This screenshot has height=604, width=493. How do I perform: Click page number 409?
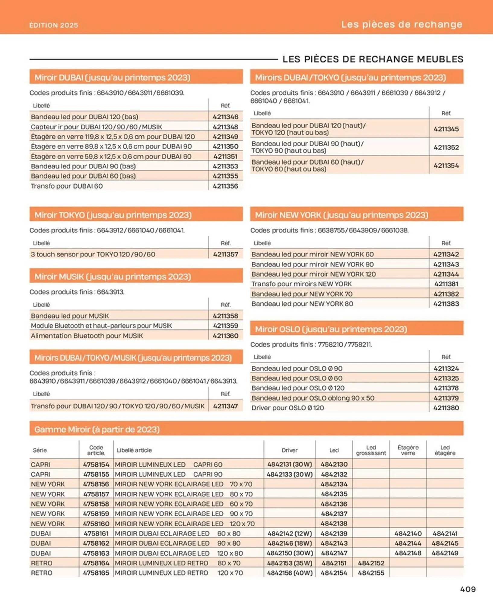tap(468, 589)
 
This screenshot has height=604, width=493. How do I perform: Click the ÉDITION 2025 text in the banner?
tap(54, 25)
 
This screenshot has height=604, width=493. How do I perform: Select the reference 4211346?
tap(225, 117)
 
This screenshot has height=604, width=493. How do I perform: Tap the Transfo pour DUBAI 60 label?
tap(67, 186)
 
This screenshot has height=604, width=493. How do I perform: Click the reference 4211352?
tap(446, 147)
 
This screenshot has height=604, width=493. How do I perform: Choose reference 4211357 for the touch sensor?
tap(225, 254)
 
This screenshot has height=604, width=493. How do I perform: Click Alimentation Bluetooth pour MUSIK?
tap(87, 336)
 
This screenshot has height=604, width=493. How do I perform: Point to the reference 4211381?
tap(446, 284)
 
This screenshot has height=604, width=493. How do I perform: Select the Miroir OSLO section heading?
tap(331, 329)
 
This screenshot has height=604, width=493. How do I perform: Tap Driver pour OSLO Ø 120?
tap(288, 408)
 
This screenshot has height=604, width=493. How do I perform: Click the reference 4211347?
tap(225, 406)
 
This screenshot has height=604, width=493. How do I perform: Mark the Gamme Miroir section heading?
tap(97, 429)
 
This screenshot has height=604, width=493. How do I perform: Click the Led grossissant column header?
tap(371, 450)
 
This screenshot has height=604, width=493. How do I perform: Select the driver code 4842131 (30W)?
tap(289, 464)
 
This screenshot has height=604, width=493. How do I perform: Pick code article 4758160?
tap(96, 523)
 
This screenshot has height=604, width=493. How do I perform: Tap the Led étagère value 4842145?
tap(445, 543)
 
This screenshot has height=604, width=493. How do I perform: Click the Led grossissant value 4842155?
tap(371, 573)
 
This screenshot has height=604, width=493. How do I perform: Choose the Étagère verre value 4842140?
tap(408, 533)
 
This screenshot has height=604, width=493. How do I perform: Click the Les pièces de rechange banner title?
tap(401, 24)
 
